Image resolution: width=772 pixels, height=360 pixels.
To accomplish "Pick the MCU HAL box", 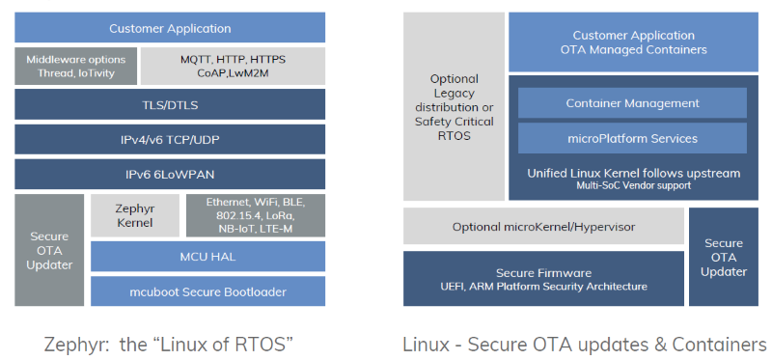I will tap(207, 256).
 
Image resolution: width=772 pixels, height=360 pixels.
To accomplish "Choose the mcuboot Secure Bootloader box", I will tap(207, 291).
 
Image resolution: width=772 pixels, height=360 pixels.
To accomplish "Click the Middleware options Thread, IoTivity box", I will tap(75, 66).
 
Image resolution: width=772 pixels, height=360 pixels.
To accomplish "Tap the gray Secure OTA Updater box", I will tap(48, 250).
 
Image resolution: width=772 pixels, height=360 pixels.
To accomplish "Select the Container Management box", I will tap(632, 103).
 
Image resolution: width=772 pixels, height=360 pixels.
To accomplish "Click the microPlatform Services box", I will tap(632, 138).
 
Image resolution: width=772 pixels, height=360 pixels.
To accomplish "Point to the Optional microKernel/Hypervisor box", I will tap(542, 227).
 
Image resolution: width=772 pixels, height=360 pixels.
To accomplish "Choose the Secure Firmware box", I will tap(542, 279).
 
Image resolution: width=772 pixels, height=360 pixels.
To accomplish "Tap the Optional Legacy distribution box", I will tap(454, 106).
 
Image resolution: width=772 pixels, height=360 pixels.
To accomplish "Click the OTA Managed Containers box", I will tap(633, 42).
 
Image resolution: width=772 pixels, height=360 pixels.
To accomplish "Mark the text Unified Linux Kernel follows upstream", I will tap(633, 173).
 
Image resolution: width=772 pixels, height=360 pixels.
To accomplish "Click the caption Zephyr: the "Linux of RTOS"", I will tap(170, 343).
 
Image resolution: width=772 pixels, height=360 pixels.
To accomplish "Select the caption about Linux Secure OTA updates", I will tap(585, 343).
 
